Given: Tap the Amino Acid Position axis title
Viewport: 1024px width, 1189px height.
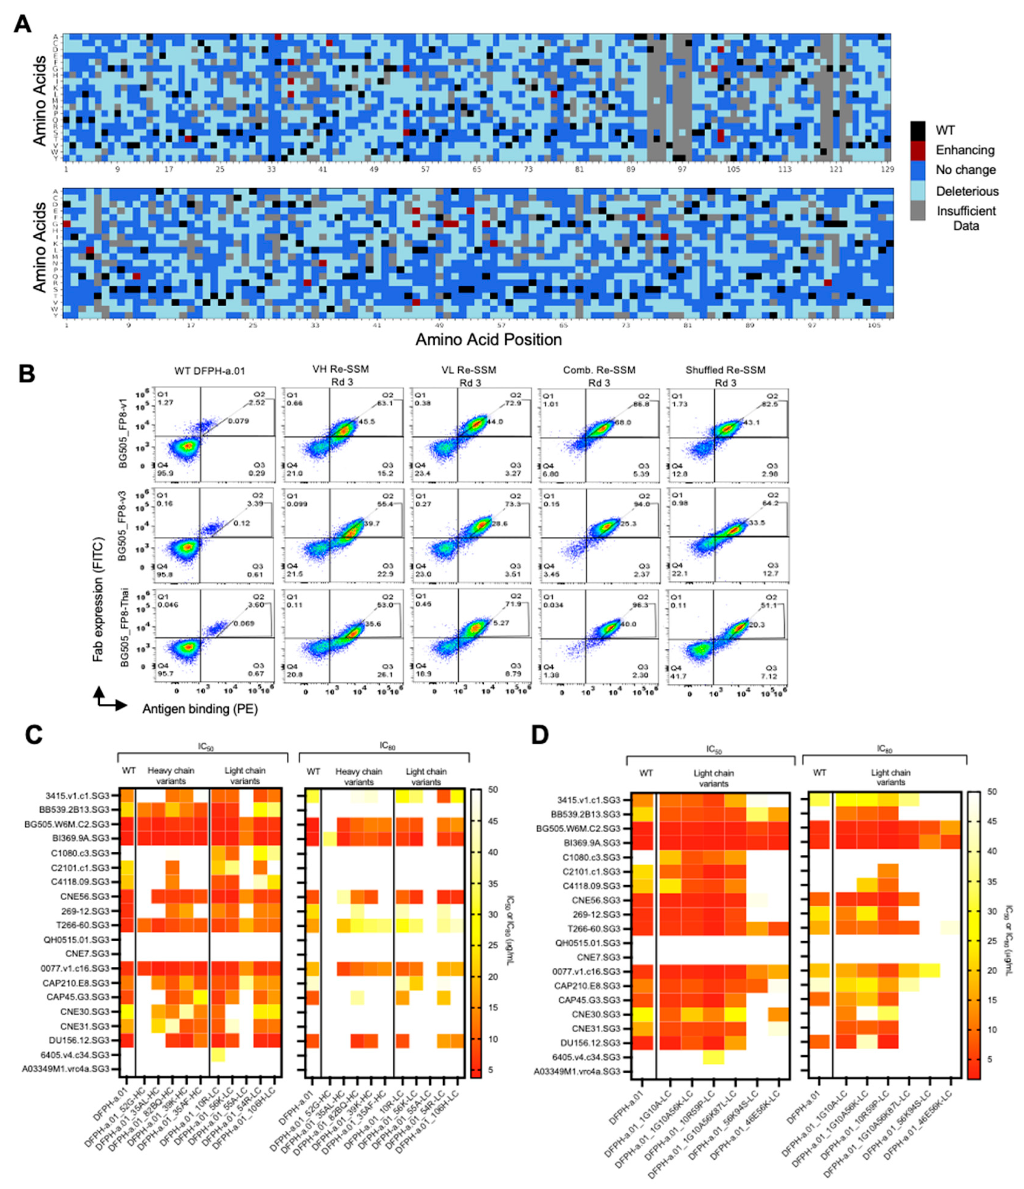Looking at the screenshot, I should click(x=489, y=340).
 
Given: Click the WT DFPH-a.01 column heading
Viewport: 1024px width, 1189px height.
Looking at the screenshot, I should click(x=209, y=371).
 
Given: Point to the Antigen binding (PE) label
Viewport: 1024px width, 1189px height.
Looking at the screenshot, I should click(x=200, y=709).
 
